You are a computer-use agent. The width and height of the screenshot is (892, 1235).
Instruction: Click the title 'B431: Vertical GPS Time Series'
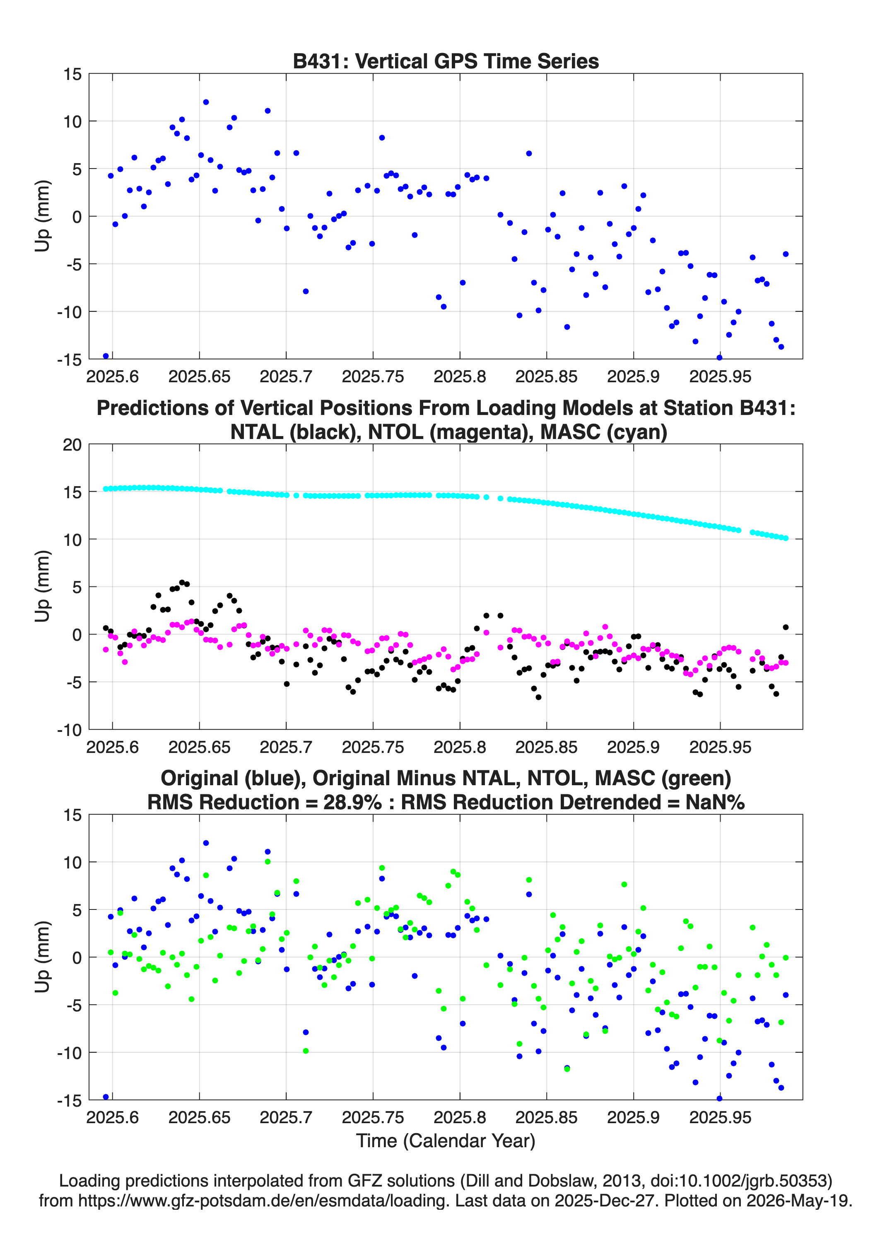click(446, 61)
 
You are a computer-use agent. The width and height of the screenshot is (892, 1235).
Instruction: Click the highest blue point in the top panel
click(206, 102)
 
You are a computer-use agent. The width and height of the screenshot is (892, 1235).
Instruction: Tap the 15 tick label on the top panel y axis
click(72, 75)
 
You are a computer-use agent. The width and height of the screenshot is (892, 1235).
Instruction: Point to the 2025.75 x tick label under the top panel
click(373, 377)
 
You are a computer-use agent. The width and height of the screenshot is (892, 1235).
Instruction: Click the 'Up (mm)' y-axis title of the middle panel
click(43, 586)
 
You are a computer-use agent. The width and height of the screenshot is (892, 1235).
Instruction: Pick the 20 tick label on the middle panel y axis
click(72, 445)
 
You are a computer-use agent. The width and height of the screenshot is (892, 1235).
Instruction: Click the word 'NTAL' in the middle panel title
click(257, 432)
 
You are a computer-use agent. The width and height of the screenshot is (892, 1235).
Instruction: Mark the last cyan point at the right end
click(786, 538)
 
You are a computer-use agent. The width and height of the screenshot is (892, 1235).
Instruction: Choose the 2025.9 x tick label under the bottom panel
click(633, 1117)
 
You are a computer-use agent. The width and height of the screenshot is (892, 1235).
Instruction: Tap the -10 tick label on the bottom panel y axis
click(69, 1053)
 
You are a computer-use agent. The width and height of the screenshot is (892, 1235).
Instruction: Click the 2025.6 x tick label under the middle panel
click(113, 747)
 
